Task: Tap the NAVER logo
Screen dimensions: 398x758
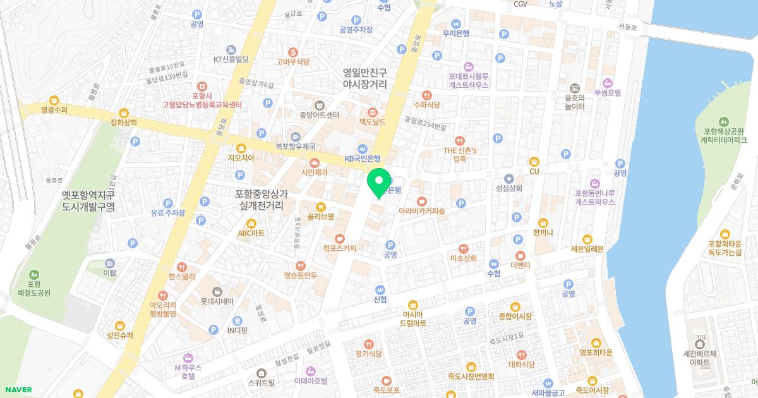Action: (x=17, y=390)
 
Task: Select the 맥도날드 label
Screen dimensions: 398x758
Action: (x=372, y=121)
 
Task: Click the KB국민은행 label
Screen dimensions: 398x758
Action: (x=362, y=159)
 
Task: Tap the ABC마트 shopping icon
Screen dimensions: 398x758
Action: (x=251, y=223)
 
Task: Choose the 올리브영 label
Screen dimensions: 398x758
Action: (x=320, y=216)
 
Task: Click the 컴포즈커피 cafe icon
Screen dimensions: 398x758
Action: (x=339, y=238)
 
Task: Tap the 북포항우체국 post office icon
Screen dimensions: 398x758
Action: (x=296, y=136)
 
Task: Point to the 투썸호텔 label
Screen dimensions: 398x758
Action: (x=608, y=93)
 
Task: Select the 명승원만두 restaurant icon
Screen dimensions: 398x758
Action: (x=300, y=266)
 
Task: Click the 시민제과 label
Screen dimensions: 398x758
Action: (x=314, y=172)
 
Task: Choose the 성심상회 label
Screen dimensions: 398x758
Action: (x=509, y=188)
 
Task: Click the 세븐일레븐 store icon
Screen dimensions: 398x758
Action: (x=588, y=239)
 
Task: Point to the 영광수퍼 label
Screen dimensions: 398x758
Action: (x=54, y=109)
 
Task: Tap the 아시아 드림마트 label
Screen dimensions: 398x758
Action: (x=412, y=318)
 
